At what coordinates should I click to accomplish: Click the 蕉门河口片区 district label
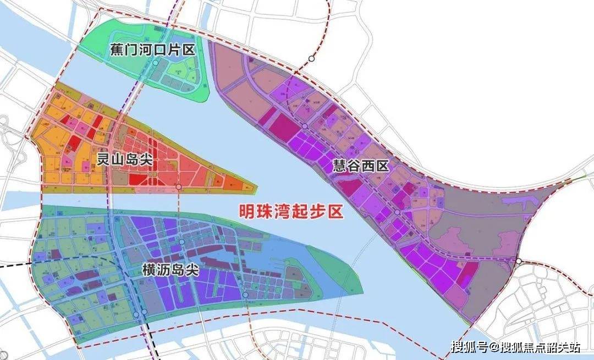150,50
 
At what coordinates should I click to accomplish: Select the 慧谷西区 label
360,167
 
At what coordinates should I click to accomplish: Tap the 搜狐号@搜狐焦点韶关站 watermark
515,347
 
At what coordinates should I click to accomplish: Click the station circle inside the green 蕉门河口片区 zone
156,63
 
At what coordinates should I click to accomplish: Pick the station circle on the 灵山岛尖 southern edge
178,187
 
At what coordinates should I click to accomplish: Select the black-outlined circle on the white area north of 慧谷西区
311,58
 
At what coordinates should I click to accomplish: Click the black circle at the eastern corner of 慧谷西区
518,261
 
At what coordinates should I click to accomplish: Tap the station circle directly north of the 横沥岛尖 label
182,242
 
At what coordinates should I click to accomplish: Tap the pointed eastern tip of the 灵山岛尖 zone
256,188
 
